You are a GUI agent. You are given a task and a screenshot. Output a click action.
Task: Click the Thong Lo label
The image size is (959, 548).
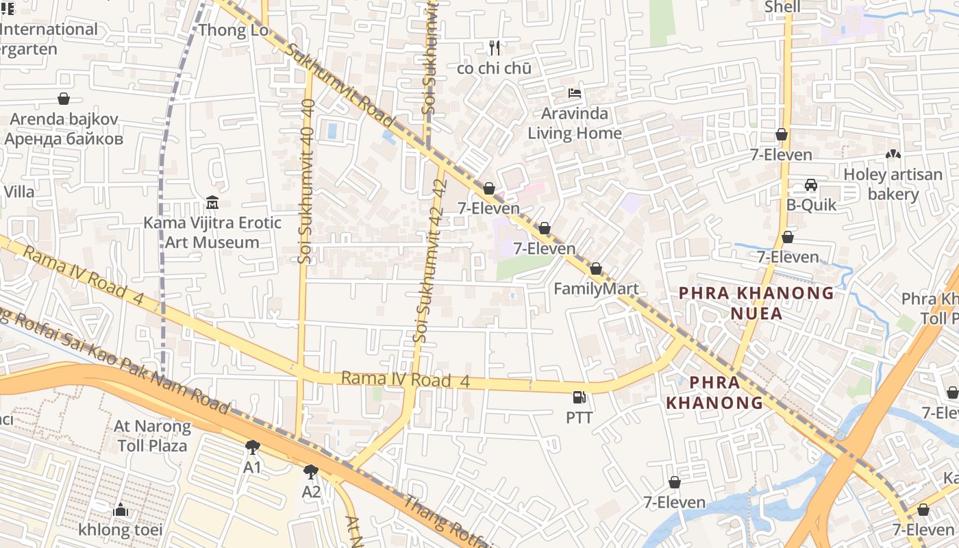pyautogui.click(x=223, y=30)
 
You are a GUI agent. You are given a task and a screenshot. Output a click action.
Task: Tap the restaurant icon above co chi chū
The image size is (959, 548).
pyautogui.click(x=495, y=48)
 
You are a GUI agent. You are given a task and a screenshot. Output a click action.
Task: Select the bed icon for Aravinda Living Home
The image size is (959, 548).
pyautogui.click(x=575, y=93)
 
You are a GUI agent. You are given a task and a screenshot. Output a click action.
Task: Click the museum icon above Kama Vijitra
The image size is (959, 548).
pyautogui.click(x=212, y=203)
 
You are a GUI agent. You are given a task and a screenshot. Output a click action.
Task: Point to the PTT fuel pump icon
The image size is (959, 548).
pyautogui.click(x=580, y=397)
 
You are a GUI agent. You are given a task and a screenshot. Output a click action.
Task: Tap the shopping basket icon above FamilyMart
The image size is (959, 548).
pyautogui.click(x=596, y=269)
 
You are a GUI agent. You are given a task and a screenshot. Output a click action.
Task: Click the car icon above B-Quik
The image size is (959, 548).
pyautogui.click(x=811, y=185)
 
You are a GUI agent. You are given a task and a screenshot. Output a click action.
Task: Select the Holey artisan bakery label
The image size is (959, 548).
pyautogui.click(x=893, y=184)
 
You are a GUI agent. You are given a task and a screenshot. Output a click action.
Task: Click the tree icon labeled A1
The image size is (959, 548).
pyautogui.click(x=253, y=447)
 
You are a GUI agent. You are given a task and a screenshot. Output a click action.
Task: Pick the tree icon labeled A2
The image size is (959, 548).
pyautogui.click(x=311, y=472)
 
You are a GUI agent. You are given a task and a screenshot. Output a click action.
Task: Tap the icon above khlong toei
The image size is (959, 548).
pyautogui.click(x=121, y=510)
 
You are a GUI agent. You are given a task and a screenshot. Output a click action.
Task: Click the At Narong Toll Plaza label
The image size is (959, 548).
pyautogui.click(x=152, y=436)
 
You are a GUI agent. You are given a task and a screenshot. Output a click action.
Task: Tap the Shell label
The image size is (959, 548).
pyautogui.click(x=782, y=7)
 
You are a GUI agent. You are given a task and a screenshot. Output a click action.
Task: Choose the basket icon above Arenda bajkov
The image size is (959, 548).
pyautogui.click(x=64, y=99)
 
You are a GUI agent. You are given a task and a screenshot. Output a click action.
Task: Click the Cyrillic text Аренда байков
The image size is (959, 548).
pyautogui.click(x=64, y=139)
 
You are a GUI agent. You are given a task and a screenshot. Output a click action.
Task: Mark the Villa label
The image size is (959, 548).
pyautogui.click(x=18, y=192)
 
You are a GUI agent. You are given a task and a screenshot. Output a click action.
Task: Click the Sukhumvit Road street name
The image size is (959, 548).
pyautogui.click(x=339, y=86)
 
